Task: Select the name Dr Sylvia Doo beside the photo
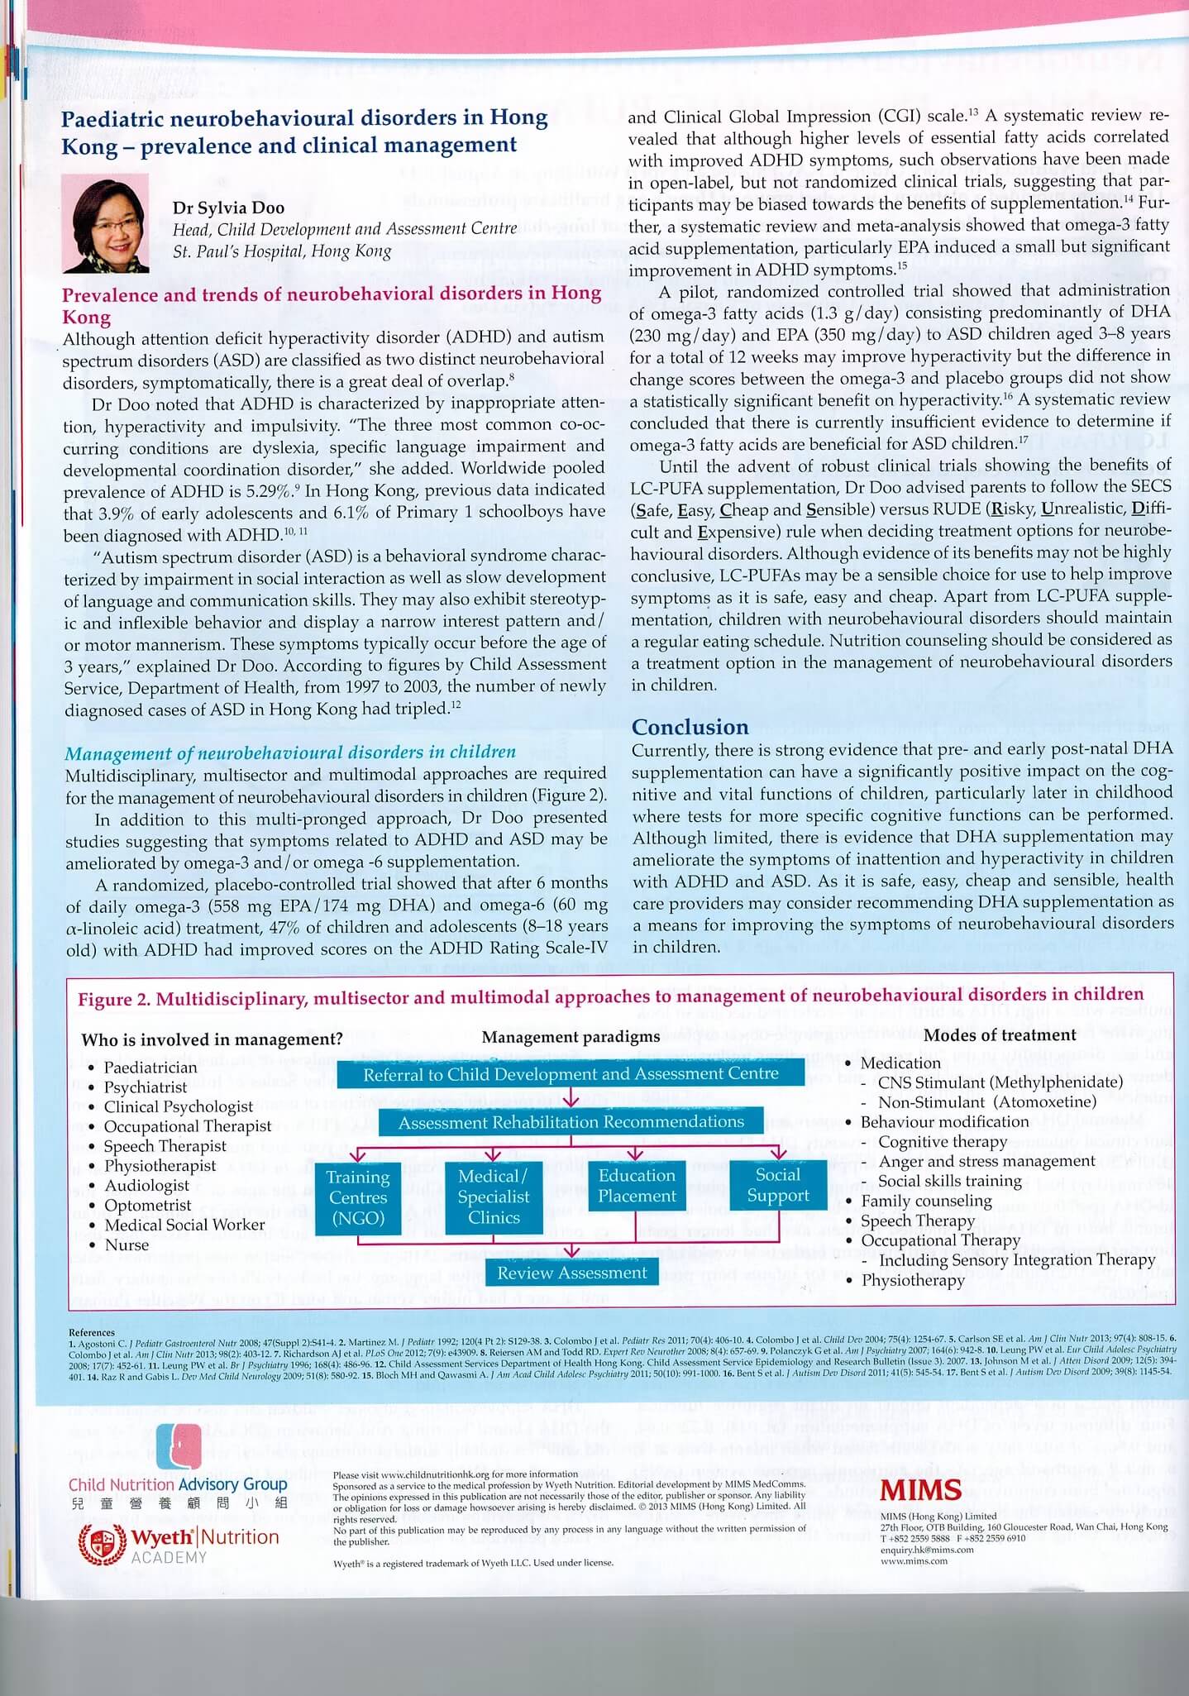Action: (228, 208)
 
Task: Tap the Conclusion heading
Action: (690, 727)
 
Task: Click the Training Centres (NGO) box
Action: (358, 1197)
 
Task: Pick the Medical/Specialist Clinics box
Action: (494, 1197)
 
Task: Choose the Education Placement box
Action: (637, 1186)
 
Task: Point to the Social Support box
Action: (777, 1186)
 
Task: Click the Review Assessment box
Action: (571, 1273)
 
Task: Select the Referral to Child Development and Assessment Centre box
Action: (571, 1074)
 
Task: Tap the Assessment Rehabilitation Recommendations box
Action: (571, 1122)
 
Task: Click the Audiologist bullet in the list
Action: (146, 1185)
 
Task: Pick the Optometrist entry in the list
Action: (147, 1205)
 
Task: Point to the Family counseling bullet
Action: (926, 1201)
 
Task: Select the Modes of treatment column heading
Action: (999, 1035)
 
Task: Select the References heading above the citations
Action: (91, 1332)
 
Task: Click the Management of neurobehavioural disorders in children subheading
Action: (289, 752)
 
